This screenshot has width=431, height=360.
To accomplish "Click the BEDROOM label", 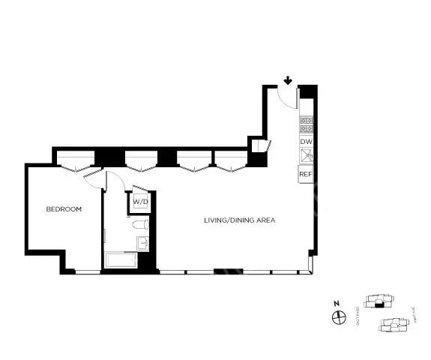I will pyautogui.click(x=64, y=209).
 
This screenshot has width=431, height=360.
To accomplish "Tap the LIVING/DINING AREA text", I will pyautogui.click(x=240, y=220).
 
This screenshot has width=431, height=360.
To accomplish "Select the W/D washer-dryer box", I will pyautogui.click(x=141, y=202).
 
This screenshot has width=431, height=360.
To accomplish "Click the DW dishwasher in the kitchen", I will pyautogui.click(x=306, y=141).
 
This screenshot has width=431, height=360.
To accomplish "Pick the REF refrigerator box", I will pyautogui.click(x=306, y=174).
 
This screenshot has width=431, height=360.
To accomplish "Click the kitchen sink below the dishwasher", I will pyautogui.click(x=306, y=156).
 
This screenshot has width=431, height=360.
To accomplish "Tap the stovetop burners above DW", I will pyautogui.click(x=306, y=124).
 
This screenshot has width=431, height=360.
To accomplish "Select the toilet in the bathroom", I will pyautogui.click(x=140, y=224).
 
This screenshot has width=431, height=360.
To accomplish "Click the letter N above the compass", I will pyautogui.click(x=337, y=304).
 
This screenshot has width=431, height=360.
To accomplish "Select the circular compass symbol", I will pyautogui.click(x=337, y=317).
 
